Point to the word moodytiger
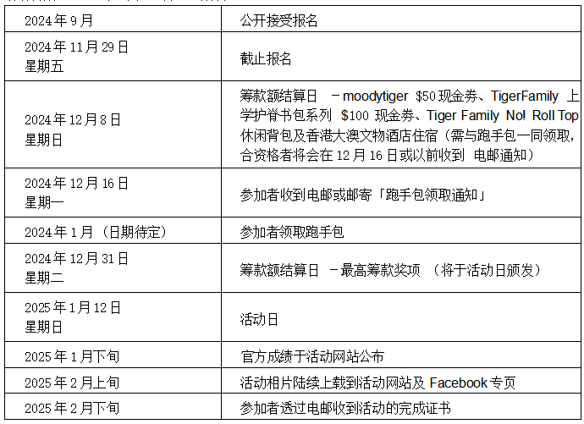tap(375, 96)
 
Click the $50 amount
tap(426, 96)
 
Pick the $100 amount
tap(355, 116)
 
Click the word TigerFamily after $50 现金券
tap(525, 96)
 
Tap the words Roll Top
tap(555, 116)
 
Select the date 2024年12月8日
tap(73, 120)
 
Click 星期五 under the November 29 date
tap(44, 67)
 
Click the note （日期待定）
tap(134, 232)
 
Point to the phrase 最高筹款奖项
tap(380, 270)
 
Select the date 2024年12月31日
tap(76, 258)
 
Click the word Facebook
tap(458, 383)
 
